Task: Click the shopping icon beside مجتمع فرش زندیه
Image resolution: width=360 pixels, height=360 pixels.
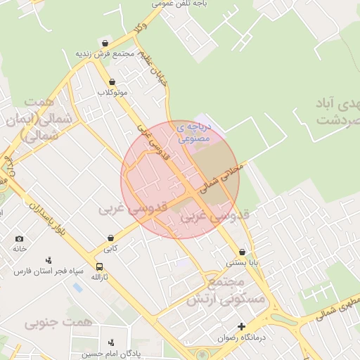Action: point(105,44)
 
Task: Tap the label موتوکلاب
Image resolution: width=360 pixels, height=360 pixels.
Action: point(112,93)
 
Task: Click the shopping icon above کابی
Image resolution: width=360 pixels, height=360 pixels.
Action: point(111,239)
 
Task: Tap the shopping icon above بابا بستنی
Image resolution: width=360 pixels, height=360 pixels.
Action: point(243,252)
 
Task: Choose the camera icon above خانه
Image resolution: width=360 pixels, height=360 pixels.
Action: point(18,239)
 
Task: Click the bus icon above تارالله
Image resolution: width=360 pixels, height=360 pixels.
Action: point(99,267)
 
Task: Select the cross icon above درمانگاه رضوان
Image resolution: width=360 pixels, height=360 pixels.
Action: point(242,327)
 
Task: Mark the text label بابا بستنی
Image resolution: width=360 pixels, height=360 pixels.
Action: point(242,262)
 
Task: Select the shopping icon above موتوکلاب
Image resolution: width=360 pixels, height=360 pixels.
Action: point(112,82)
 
